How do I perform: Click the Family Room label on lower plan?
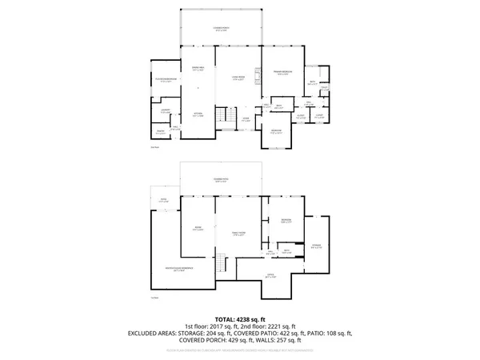pyautogui.click(x=238, y=233)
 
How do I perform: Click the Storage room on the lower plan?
pyautogui.click(x=316, y=246)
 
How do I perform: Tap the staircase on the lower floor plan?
pyautogui.click(x=222, y=265)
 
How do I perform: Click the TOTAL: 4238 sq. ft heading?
pyautogui.click(x=240, y=319)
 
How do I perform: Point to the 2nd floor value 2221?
pyautogui.click(x=285, y=326)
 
